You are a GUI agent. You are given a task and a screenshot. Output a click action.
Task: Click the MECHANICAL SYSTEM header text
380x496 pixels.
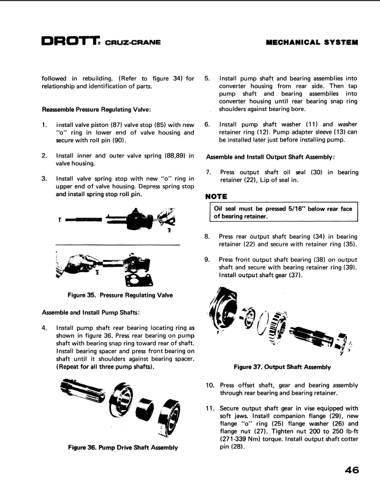click(313, 43)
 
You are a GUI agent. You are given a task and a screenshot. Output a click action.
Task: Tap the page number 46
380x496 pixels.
click(351, 470)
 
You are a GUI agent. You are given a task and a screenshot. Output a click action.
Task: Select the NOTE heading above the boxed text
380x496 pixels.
click(217, 196)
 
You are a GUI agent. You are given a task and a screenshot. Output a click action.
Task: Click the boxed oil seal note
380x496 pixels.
click(283, 213)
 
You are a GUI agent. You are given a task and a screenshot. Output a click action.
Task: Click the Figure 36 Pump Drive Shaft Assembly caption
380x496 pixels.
click(123, 448)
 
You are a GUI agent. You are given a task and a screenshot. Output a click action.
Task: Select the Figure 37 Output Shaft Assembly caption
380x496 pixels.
click(283, 367)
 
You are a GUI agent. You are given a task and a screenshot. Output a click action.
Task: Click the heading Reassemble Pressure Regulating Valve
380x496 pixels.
click(101, 110)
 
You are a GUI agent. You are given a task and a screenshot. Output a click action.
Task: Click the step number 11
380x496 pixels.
click(210, 408)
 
